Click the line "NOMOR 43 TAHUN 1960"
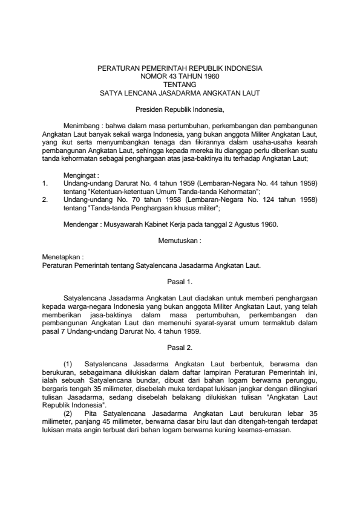click(180, 77)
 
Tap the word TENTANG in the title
click(180, 85)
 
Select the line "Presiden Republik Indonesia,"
click(180, 110)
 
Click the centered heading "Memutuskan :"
click(180, 241)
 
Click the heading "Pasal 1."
click(180, 281)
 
